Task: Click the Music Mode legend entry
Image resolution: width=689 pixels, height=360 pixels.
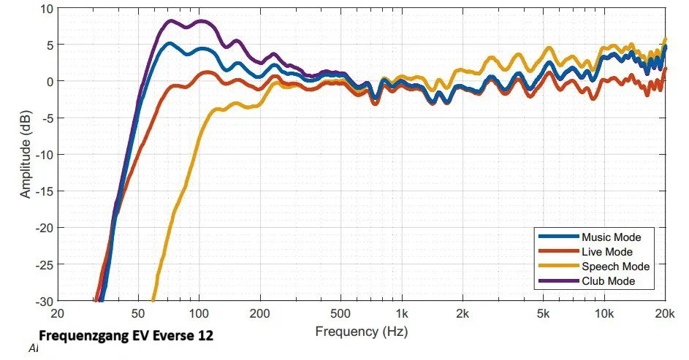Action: tap(611, 237)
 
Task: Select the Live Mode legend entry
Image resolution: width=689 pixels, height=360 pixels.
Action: tap(606, 252)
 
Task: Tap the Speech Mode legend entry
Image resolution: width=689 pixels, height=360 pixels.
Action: tap(615, 267)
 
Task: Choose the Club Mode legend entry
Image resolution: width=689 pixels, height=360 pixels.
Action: tap(608, 281)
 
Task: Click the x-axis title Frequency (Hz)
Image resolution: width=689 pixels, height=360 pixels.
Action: tap(362, 332)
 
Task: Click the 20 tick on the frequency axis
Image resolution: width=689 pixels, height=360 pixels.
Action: tap(58, 314)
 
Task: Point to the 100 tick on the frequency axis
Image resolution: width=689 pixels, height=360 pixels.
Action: tap(199, 314)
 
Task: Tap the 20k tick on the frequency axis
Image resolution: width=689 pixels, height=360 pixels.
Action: tap(663, 314)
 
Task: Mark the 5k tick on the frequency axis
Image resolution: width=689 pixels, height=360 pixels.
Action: tap(542, 314)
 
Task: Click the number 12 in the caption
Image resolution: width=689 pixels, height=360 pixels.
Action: tap(206, 337)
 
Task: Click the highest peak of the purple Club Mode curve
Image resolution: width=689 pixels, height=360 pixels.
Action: tap(171, 21)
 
